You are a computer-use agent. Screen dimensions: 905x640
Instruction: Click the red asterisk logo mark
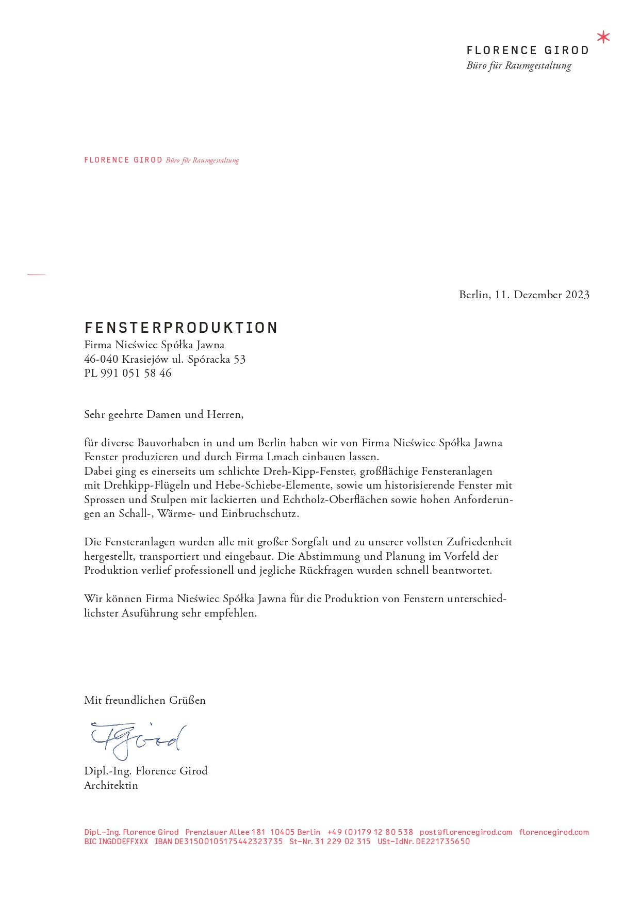coord(603,38)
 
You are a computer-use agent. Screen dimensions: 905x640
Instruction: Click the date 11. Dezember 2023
coord(542,295)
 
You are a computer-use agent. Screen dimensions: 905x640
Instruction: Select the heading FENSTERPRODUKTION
coord(181,328)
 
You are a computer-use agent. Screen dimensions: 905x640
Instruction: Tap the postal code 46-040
coord(101,359)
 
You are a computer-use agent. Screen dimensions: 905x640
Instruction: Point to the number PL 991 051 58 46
coord(127,373)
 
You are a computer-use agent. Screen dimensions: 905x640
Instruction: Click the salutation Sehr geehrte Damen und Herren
coord(163,414)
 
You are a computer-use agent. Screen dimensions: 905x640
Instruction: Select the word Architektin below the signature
coord(111,785)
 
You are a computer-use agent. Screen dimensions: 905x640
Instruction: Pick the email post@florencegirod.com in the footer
coord(466,832)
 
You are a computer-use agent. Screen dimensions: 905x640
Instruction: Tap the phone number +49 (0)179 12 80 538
coord(370,832)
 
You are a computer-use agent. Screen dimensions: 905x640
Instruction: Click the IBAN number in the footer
coord(219,842)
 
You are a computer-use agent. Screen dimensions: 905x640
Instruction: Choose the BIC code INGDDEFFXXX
coord(116,842)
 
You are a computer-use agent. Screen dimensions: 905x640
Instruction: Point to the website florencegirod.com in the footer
coord(554,832)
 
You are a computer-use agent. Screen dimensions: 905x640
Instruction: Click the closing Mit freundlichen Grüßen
coord(145,700)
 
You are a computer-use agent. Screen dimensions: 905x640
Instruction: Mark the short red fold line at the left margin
coord(37,275)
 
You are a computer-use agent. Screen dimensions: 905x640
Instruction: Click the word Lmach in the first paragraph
coord(283,457)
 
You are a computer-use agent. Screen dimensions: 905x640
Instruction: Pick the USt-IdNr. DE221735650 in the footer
coord(423,842)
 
